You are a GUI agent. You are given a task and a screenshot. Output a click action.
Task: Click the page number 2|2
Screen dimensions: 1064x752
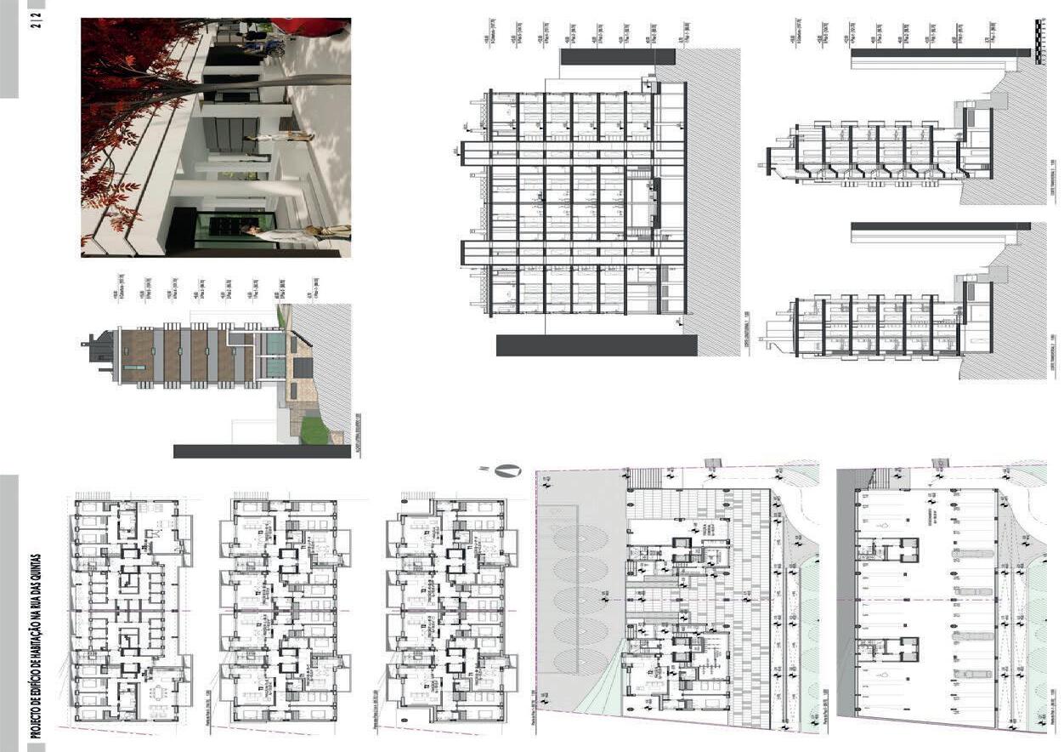coord(36,14)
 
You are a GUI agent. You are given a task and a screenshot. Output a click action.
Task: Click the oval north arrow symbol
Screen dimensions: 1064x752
coord(508,470)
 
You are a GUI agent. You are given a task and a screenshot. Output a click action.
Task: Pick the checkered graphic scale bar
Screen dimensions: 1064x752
coord(1041,41)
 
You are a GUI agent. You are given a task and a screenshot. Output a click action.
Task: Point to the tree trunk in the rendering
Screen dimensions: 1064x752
coord(280,83)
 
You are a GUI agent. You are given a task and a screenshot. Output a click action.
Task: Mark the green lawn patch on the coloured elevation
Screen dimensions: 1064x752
coord(314,431)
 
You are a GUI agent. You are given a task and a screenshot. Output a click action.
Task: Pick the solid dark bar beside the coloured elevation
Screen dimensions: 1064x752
coord(261,451)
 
